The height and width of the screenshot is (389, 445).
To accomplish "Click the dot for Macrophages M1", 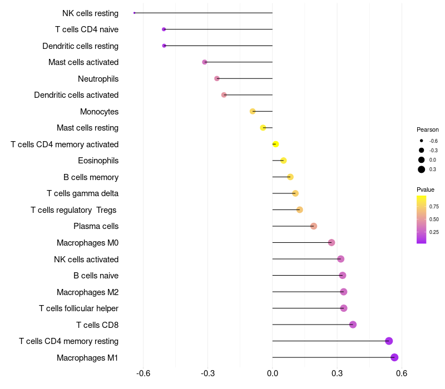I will point(394,357).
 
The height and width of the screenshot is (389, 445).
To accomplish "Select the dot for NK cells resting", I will point(135,13).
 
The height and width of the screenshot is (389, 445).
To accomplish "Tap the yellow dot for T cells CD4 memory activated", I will point(275,144).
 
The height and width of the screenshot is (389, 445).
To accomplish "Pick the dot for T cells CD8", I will point(353,325).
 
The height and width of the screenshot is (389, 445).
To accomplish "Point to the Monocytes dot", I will point(253,111).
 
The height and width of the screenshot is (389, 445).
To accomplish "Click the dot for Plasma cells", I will point(314,226).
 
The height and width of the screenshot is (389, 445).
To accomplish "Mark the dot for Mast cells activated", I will point(205,62).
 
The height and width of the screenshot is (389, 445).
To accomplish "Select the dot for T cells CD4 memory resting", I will point(389,341).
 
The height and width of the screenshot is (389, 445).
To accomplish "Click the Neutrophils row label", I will point(98,79).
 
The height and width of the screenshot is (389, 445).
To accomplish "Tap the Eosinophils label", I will point(98,161).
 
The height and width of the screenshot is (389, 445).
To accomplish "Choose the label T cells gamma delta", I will point(82,193).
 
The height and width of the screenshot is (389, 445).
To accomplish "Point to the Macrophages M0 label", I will point(87,243).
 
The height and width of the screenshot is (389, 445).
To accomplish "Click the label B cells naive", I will point(96,276).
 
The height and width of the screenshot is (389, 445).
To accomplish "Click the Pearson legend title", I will point(427,129).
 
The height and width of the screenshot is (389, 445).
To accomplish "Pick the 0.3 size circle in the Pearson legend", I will point(422,169).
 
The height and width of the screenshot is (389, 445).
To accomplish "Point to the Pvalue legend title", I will point(426,189).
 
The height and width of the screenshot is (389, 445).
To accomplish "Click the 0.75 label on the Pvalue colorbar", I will point(434,207).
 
